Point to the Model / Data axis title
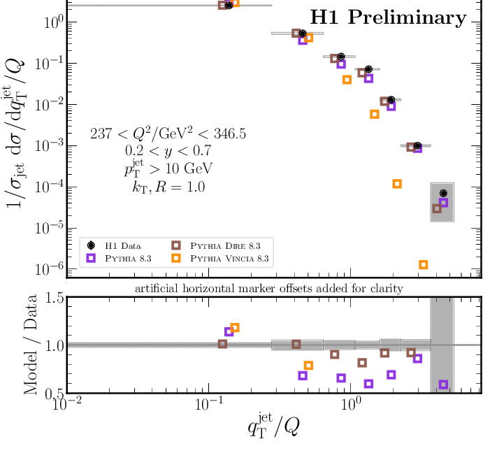[32, 346]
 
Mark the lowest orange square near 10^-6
[423, 265]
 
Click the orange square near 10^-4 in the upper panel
[397, 184]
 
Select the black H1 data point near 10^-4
[443, 193]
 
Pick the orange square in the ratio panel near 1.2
[235, 327]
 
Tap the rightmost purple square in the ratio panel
[443, 384]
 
